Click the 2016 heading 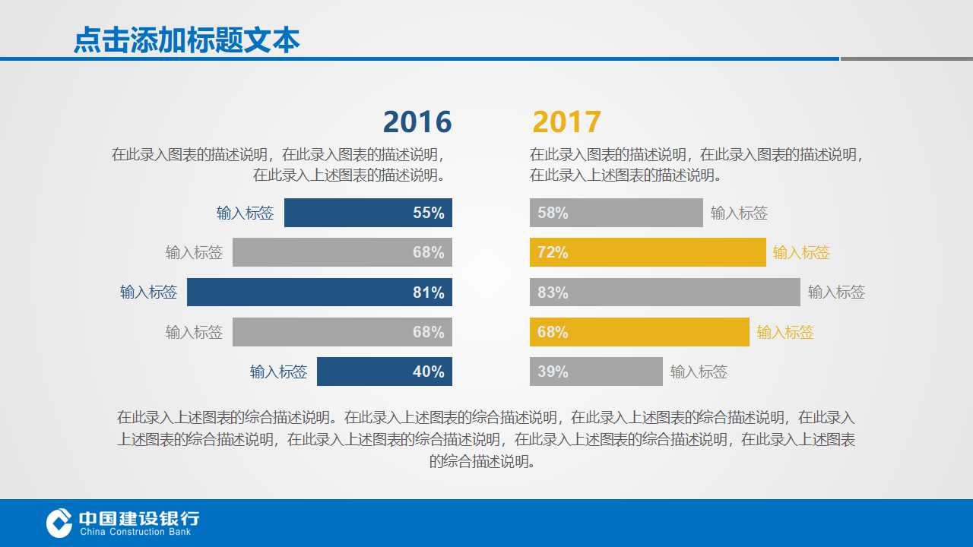pos(417,122)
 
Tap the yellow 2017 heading pos(566,122)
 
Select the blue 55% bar pos(368,213)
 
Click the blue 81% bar pos(319,292)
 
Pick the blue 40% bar pos(384,372)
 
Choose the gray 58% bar pos(616,213)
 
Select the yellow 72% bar pos(647,252)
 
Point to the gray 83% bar pos(664,292)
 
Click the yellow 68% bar pos(639,332)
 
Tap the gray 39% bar pos(596,372)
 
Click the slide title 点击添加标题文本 pos(186,40)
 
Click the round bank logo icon pos(59,523)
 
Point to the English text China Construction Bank pos(135,532)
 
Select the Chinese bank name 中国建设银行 pos(139,518)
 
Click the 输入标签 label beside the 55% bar pos(245,213)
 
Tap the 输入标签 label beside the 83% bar pos(836,292)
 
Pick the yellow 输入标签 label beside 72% pos(801,252)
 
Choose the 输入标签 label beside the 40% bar pos(278,372)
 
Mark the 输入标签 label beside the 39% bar pos(699,372)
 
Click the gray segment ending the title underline pos(906,58)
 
